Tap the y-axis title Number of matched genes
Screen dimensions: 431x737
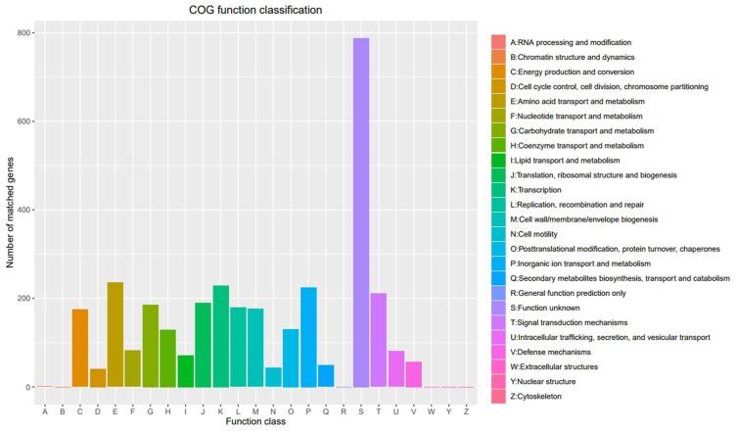pyautogui.click(x=9, y=211)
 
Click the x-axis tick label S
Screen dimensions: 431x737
pyautogui.click(x=361, y=409)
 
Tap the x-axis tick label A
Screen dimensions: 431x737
pyautogui.click(x=45, y=409)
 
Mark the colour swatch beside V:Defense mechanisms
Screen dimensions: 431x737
pyautogui.click(x=498, y=352)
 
